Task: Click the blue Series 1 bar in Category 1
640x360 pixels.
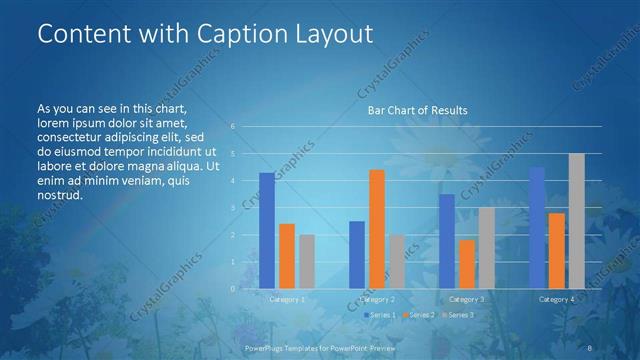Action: click(267, 231)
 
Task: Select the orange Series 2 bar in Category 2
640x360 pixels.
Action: click(377, 229)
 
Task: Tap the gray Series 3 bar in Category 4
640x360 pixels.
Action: click(576, 221)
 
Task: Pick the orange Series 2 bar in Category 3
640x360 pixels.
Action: click(467, 264)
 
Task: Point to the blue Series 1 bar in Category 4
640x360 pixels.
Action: click(537, 228)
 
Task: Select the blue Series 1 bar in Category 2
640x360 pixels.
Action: click(357, 255)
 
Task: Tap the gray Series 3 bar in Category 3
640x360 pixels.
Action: click(486, 248)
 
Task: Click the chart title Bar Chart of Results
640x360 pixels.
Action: click(412, 110)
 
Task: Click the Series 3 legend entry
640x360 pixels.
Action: click(457, 315)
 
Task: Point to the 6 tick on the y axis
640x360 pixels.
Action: click(232, 126)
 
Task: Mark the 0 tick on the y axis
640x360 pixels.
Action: click(232, 289)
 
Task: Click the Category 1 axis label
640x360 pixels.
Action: click(287, 299)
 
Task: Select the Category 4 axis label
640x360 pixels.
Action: click(556, 299)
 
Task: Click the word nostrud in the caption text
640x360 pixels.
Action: click(58, 194)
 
